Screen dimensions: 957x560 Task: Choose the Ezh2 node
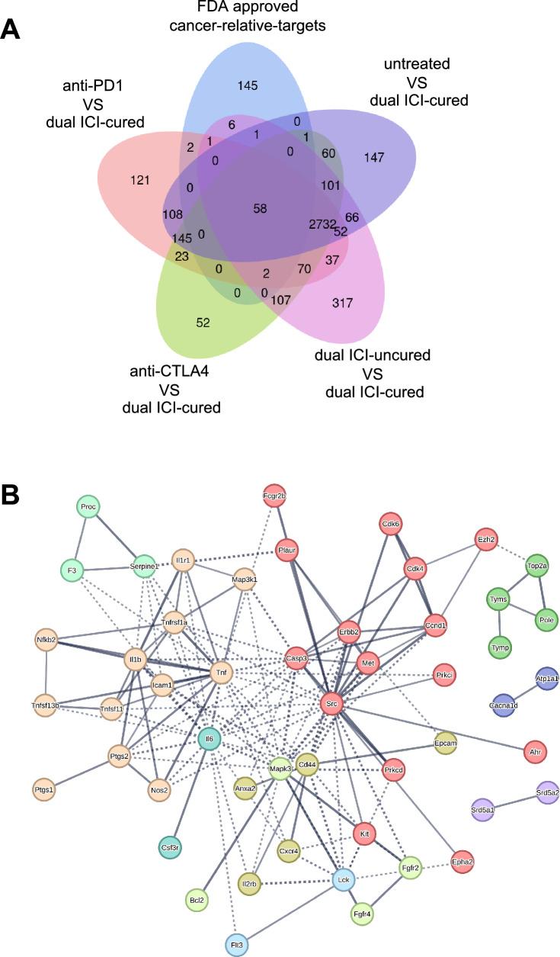coord(486,539)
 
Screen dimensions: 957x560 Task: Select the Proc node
coord(90,506)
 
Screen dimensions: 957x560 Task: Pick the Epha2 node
coord(462,861)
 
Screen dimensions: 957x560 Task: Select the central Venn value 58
coord(260,208)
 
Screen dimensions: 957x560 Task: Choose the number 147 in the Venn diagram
coord(374,157)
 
